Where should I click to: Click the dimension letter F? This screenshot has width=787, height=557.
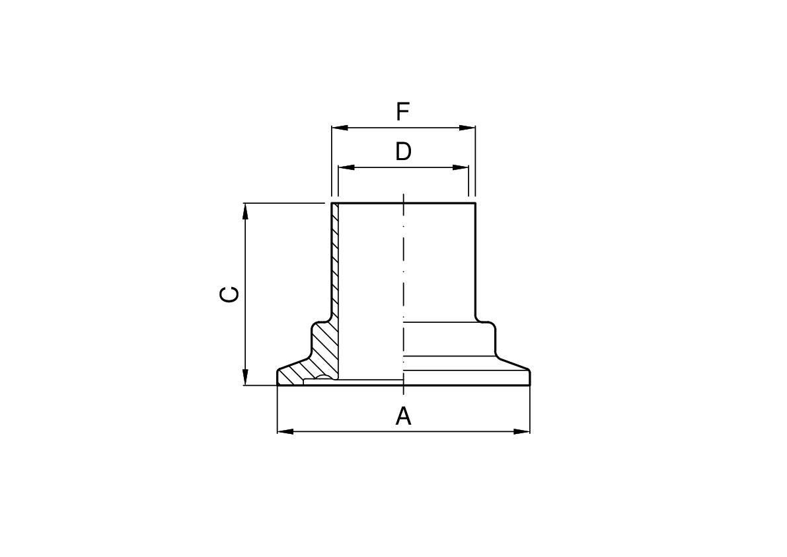pyautogui.click(x=402, y=112)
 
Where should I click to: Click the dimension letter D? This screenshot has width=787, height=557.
pyautogui.click(x=403, y=152)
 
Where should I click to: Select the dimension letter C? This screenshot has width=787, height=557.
pyautogui.click(x=229, y=294)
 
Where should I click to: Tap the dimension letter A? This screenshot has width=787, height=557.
pyautogui.click(x=403, y=417)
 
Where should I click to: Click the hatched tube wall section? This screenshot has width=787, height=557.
pyautogui.click(x=335, y=265)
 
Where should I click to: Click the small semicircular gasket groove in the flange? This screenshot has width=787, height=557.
pyautogui.click(x=324, y=378)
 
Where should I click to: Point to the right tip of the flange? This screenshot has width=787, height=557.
pyautogui.click(x=529, y=377)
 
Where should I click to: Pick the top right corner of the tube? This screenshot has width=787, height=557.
pyautogui.click(x=475, y=203)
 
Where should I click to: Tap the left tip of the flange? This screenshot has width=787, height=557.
pyautogui.click(x=278, y=377)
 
